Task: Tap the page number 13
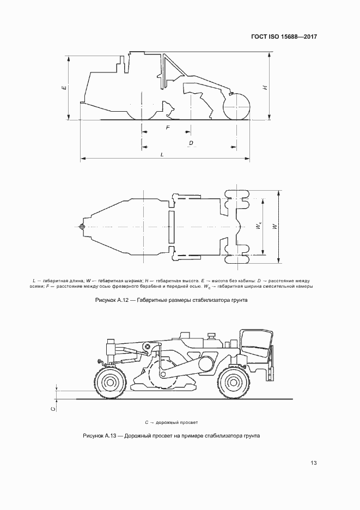pyautogui.click(x=314, y=463)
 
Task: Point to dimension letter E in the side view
pyautogui.click(x=64, y=87)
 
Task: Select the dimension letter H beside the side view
pyautogui.click(x=265, y=87)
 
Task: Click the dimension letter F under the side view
pyautogui.click(x=167, y=127)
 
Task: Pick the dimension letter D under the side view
pyautogui.click(x=191, y=143)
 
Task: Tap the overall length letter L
pyautogui.click(x=162, y=155)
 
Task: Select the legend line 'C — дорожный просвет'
pyautogui.click(x=172, y=422)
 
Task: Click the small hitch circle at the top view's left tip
pyautogui.click(x=82, y=227)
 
